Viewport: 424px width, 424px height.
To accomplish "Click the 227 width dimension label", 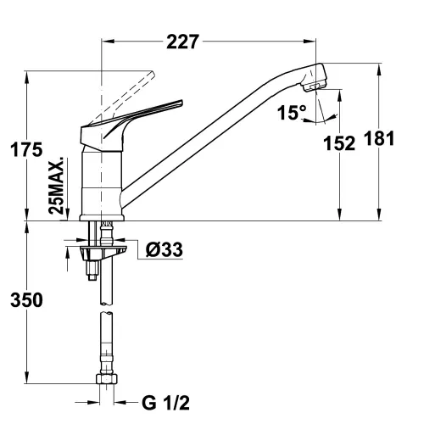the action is coord(183,42).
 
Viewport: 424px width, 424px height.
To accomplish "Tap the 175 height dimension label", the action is coord(26,149).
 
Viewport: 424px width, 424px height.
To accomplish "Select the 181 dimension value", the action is coord(379,138).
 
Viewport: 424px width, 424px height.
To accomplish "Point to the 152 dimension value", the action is coord(339,143).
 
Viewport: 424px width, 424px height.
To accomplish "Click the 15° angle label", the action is coord(292,112).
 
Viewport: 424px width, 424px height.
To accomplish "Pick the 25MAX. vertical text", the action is coord(56,186).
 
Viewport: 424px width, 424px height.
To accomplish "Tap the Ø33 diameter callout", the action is coord(165,249).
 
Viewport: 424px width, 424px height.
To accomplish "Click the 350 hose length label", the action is coord(26,300).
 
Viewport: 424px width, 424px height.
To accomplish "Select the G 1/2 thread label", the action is coord(165,403).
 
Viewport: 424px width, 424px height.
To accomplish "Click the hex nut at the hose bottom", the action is coord(107,379).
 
